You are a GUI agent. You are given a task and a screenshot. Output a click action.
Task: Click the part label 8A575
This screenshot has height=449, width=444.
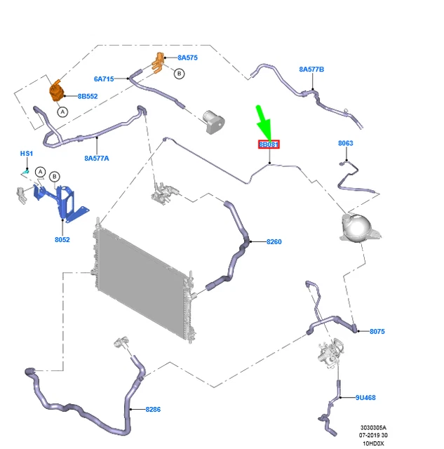188,58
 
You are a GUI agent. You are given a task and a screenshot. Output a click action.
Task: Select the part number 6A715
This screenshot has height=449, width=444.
104,79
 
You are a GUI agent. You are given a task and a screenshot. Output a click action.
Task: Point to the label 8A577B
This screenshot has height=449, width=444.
311,69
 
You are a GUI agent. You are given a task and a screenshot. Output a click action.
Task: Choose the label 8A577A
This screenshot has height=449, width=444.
97,159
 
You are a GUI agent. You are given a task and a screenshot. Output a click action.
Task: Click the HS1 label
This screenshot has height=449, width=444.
26,153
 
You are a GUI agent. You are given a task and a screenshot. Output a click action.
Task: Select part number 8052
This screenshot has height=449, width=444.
62,239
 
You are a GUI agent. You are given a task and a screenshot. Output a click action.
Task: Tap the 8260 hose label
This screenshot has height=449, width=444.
274,242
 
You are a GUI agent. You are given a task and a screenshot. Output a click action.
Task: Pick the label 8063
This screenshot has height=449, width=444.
345,144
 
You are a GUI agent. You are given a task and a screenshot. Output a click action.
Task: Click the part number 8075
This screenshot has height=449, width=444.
377,331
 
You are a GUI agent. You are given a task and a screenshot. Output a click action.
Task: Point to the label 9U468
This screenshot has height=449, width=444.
365,398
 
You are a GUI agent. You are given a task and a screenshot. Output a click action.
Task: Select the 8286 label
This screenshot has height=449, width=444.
153,408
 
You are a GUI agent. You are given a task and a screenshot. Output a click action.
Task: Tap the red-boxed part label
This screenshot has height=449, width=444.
269,145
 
